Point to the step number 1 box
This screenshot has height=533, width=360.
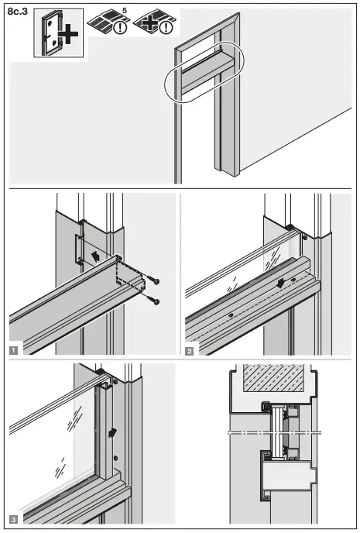click(14, 349)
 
